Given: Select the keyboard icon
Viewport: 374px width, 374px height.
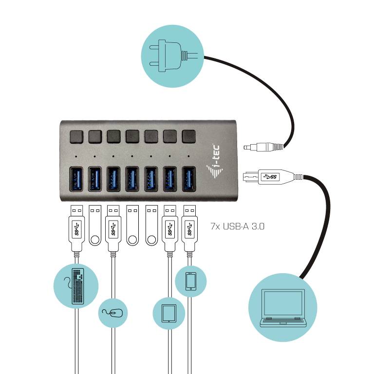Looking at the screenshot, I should click(76, 286).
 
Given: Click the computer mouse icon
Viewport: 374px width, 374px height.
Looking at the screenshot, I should click(113, 312).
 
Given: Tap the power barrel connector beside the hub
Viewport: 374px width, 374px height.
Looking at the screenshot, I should click(262, 146).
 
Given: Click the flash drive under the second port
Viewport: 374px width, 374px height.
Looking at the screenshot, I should click(94, 224).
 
